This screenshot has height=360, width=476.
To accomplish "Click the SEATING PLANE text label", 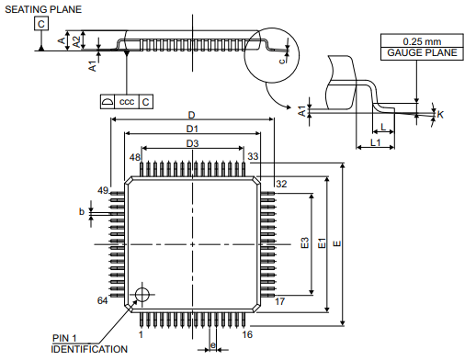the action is coord(43,9).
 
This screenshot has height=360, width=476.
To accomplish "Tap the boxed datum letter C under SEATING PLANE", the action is coord(41,24).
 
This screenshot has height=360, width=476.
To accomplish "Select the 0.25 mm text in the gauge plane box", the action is coord(422,41).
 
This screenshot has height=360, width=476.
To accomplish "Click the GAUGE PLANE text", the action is coord(422,52).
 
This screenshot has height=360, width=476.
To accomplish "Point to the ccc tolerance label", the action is coord(127,102).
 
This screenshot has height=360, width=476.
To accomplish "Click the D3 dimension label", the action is coord(192,143).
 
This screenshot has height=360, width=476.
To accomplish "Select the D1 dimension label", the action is coord(192,129).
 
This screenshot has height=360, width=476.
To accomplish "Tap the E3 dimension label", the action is coord(305,242).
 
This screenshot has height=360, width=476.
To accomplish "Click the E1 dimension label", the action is coord(322,243).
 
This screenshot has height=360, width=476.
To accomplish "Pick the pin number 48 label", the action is coord(135,157).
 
